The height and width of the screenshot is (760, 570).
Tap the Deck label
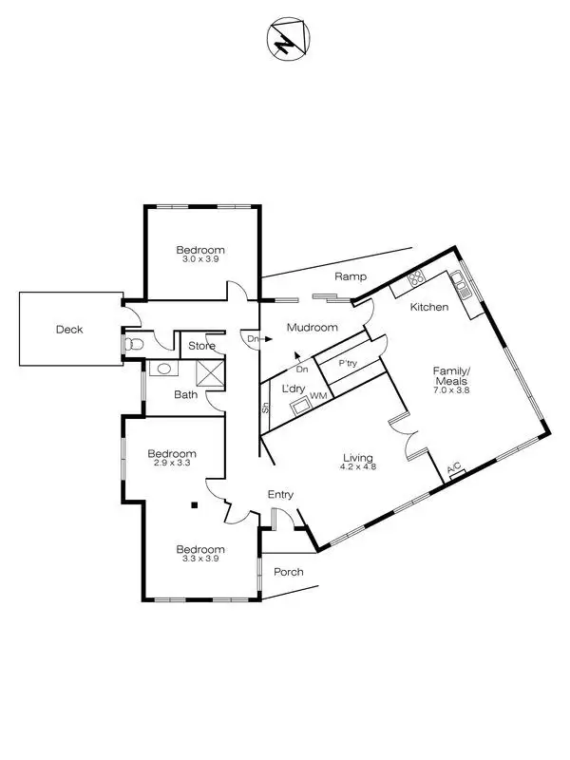tap(68, 330)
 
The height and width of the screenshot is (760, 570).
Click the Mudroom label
tap(313, 328)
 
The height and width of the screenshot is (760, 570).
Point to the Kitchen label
tap(428, 307)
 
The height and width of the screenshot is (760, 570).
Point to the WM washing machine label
tap(317, 394)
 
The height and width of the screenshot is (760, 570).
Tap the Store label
tap(201, 346)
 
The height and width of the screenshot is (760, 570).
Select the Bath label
tap(185, 394)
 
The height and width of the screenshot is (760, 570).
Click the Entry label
tap(280, 494)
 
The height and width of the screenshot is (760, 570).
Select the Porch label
tap(288, 572)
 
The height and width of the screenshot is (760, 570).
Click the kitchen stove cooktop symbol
tap(415, 278)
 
